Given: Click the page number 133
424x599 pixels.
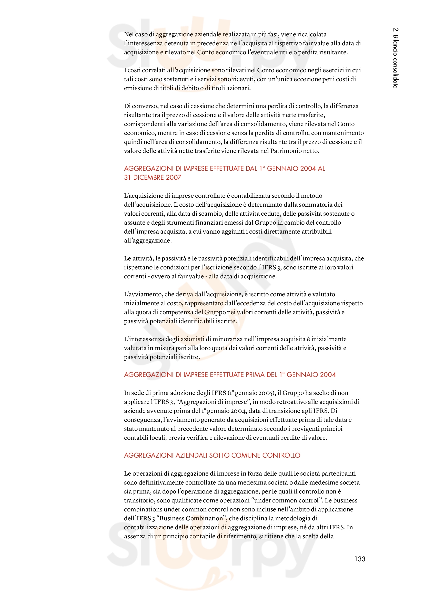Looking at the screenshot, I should coord(359,559).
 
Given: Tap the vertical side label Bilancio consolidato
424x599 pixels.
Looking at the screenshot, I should coord(395,58).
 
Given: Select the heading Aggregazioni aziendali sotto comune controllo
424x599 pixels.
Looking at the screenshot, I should coord(212,455).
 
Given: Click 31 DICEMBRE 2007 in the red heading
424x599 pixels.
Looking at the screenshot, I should coord(153,177).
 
